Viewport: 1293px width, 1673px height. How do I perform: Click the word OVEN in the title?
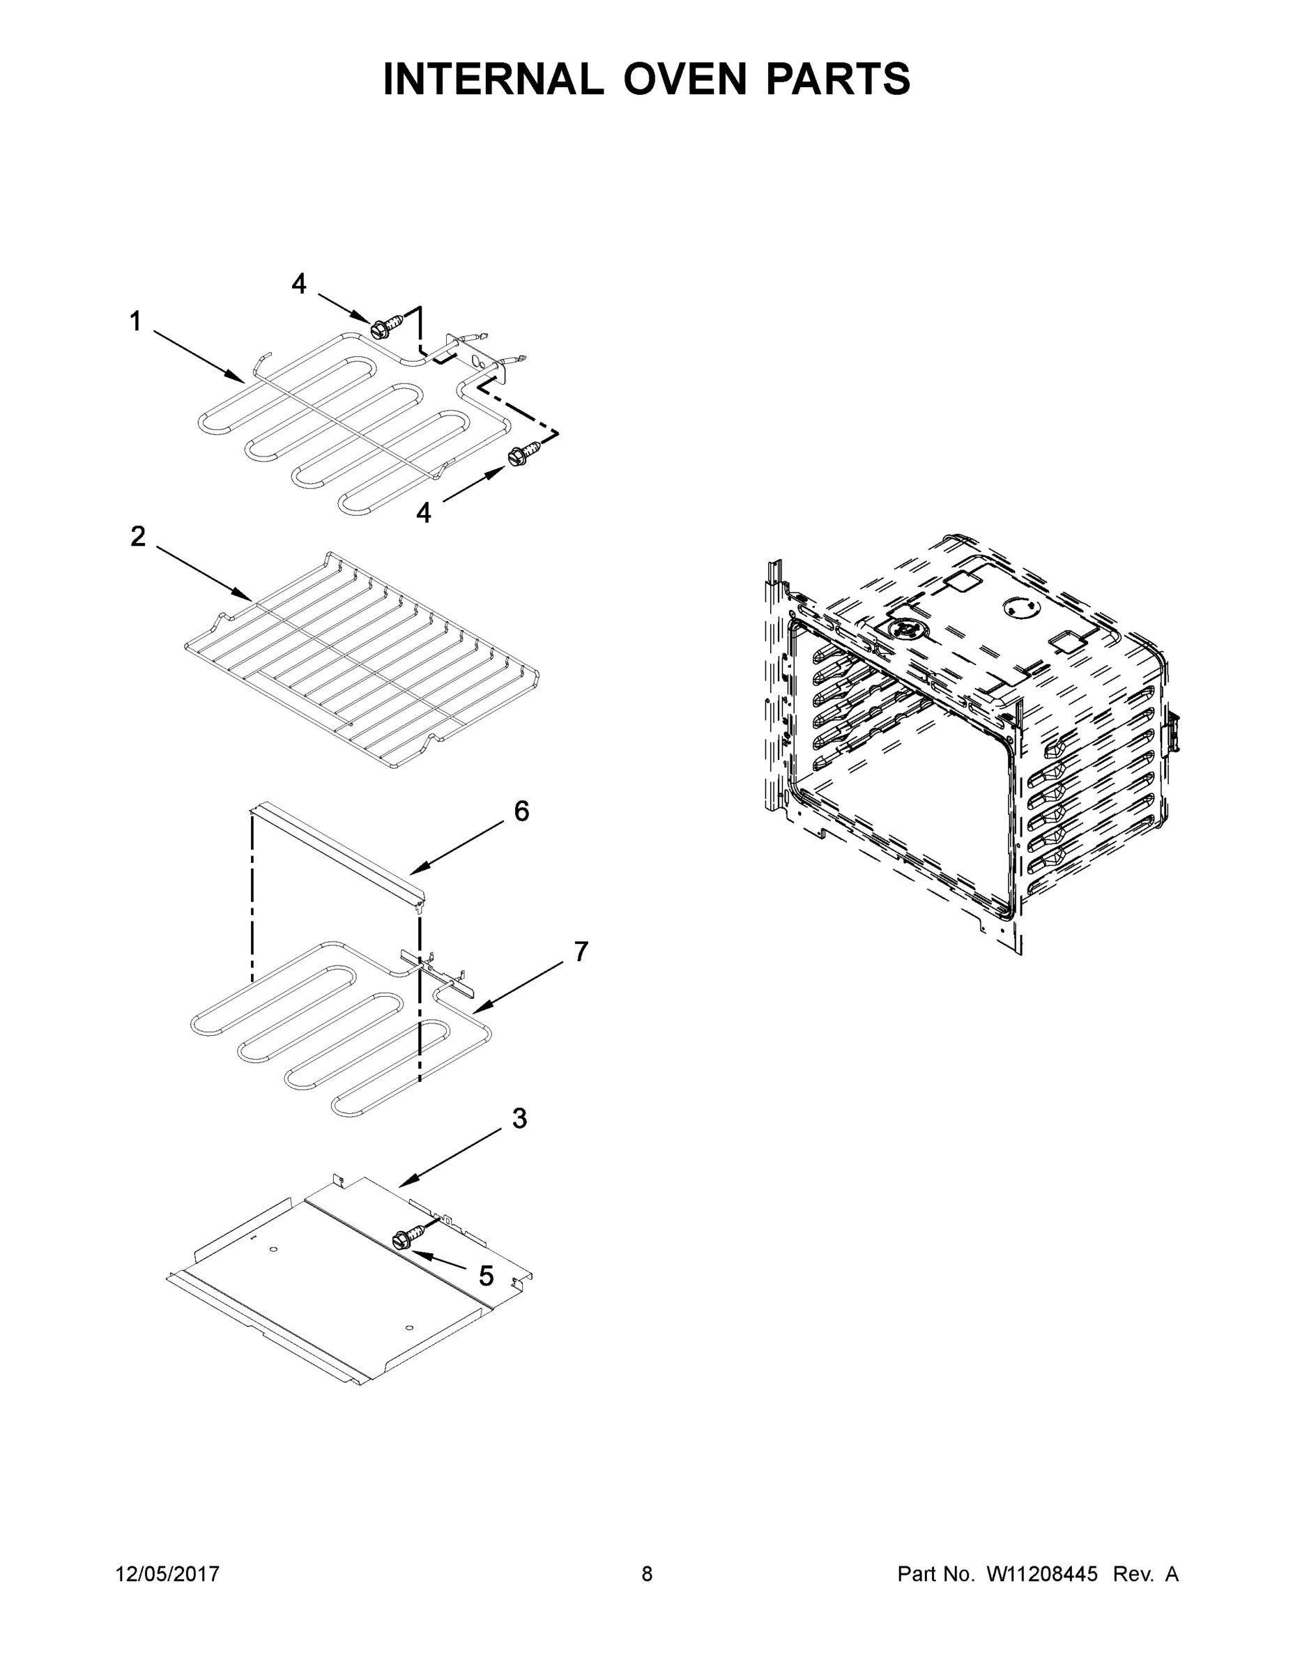pos(684,79)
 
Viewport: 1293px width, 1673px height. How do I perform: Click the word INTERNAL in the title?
pos(493,79)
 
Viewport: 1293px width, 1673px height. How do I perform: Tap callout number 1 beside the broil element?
pos(136,322)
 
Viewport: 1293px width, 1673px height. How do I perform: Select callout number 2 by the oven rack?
pos(138,536)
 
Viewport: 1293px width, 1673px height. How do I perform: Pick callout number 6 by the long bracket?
pos(521,811)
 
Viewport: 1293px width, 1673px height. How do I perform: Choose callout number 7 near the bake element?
pos(581,952)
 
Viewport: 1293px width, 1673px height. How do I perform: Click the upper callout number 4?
pos(299,284)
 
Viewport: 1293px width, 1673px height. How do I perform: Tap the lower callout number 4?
pos(423,512)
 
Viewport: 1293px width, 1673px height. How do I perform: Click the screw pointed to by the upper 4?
pos(380,330)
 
